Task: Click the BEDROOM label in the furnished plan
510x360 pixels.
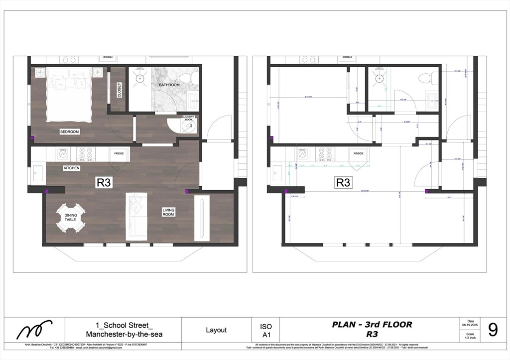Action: [x=70, y=132]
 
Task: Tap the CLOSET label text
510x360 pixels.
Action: [x=119, y=90]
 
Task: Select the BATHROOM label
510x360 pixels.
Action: [x=169, y=85]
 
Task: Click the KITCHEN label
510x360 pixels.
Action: [x=71, y=168]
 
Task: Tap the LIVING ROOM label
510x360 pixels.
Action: [x=168, y=213]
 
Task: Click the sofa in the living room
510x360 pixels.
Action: [x=136, y=215]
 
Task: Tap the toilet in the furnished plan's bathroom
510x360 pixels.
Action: [x=187, y=78]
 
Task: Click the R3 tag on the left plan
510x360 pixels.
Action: [x=103, y=183]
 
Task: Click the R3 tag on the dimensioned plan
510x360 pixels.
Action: [x=343, y=183]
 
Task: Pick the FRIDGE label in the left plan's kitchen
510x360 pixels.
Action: [x=119, y=154]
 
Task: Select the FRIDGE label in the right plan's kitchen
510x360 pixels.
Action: [x=359, y=154]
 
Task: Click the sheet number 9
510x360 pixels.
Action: [x=493, y=330]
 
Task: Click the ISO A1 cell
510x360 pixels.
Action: [x=266, y=330]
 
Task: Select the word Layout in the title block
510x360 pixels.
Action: [x=216, y=330]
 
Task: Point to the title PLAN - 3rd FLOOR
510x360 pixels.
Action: [x=372, y=325]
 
